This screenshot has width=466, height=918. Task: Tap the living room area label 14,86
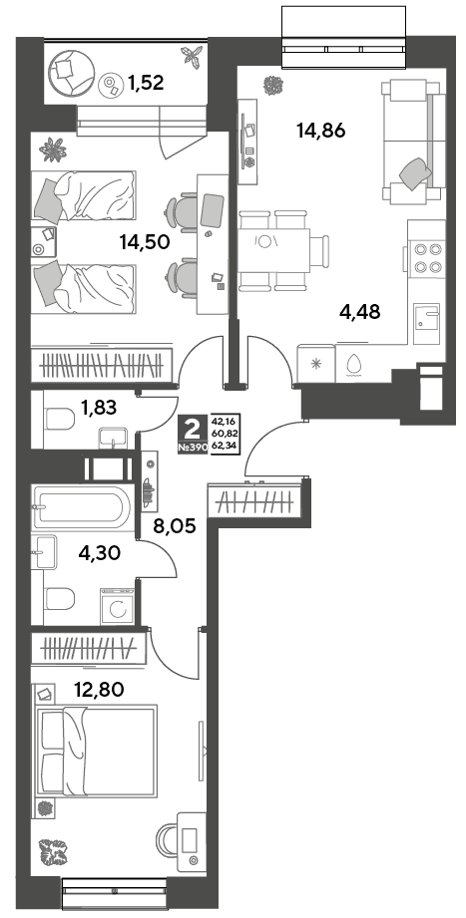[x=320, y=131]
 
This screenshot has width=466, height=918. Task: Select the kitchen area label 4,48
[x=360, y=312]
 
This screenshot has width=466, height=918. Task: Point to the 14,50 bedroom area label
[x=145, y=240]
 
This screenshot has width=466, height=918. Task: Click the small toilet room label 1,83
[x=99, y=407]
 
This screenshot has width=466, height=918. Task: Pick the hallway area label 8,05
[x=173, y=523]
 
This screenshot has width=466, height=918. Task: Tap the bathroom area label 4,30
[x=99, y=552]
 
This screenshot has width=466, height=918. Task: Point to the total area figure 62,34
[x=231, y=447]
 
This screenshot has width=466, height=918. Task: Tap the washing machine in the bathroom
[x=117, y=607]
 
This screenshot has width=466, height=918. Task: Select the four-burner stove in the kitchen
[x=427, y=257]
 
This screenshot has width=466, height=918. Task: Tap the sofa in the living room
[x=411, y=142]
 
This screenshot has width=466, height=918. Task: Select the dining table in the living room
[x=273, y=251]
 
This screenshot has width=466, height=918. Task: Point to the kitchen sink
[x=425, y=324]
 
